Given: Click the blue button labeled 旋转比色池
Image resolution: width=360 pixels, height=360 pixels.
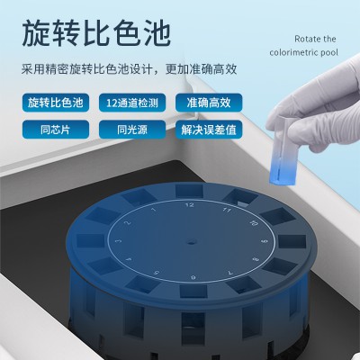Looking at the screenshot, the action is (56, 103).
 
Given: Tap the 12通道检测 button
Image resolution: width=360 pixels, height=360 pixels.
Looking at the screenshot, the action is (132, 103).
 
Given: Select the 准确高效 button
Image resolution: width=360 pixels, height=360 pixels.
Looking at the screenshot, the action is (209, 103).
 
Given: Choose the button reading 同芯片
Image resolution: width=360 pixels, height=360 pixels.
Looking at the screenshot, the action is (56, 130).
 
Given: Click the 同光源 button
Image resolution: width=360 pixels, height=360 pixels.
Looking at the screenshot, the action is (132, 130).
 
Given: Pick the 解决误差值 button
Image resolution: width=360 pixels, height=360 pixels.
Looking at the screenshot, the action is (209, 130).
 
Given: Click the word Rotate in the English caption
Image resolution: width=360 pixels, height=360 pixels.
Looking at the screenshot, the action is (304, 39).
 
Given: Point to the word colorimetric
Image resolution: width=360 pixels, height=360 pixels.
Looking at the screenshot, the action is (293, 53).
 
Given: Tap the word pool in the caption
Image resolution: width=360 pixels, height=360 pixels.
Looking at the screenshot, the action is (329, 53).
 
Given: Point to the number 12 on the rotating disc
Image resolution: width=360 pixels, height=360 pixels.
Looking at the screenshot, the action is (189, 205).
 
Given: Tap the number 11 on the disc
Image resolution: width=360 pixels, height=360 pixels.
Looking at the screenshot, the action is (227, 210).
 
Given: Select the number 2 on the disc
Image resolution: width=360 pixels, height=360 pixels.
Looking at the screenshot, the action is (128, 222).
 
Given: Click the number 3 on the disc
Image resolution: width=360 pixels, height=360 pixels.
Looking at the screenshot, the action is (119, 240).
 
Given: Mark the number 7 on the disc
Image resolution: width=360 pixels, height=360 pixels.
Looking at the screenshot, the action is (230, 273).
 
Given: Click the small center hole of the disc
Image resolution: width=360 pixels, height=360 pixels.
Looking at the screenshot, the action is (191, 241).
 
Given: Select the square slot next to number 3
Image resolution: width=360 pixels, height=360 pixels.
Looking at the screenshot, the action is (90, 241).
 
